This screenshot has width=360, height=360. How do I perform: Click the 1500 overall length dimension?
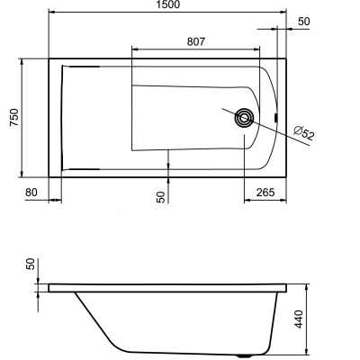pyautogui.click(x=167, y=6)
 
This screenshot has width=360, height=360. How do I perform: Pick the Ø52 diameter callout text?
pyautogui.click(x=305, y=136)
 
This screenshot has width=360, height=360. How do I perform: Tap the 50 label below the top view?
pyautogui.click(x=160, y=196)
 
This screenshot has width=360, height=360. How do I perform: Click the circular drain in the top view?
pyautogui.click(x=244, y=117)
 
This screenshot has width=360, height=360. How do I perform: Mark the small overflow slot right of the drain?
pyautogui.click(x=274, y=117)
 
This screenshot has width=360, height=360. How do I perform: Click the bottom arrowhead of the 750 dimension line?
pyautogui.click(x=22, y=173)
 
